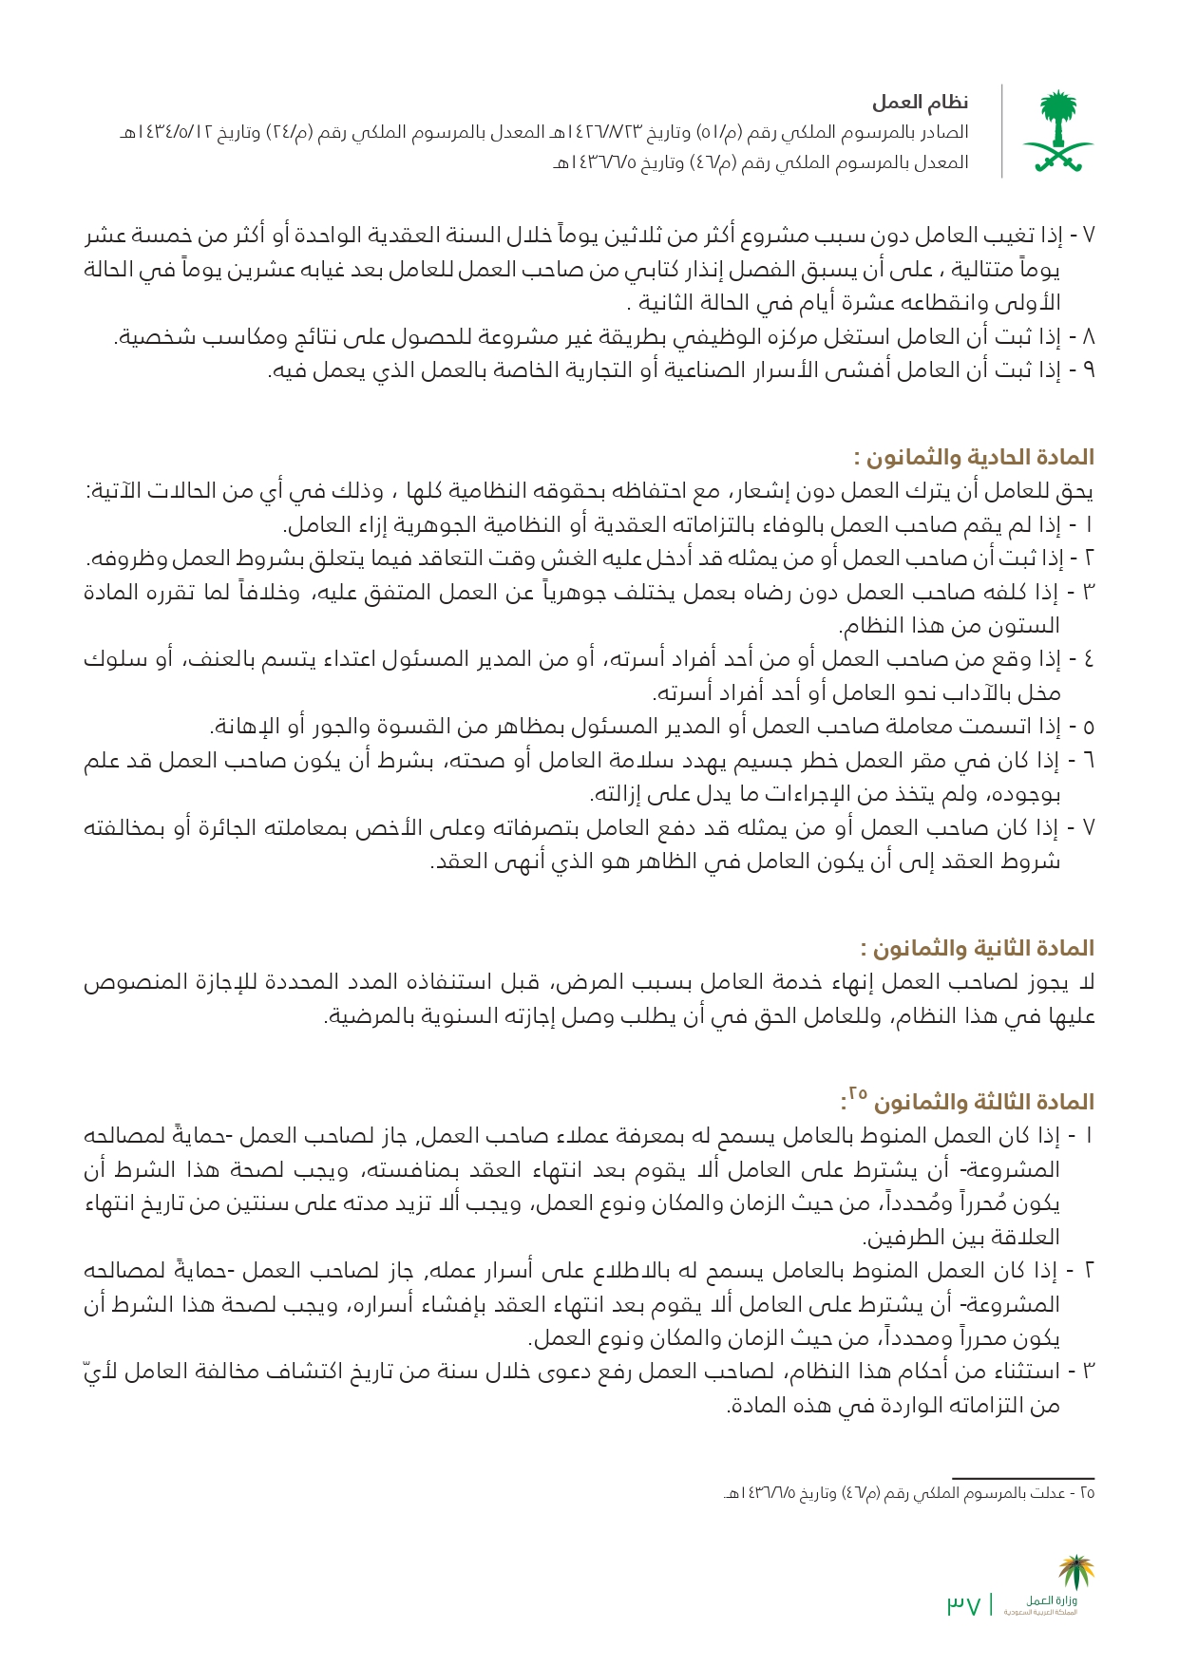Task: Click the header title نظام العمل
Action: coord(921,103)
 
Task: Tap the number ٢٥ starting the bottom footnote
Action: coord(1087,1493)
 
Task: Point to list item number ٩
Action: coord(1088,369)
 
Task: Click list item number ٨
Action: coord(1088,336)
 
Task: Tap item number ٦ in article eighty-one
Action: coord(1088,761)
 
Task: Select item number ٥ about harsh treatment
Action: coord(1088,728)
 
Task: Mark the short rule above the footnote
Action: coord(1023,1478)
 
